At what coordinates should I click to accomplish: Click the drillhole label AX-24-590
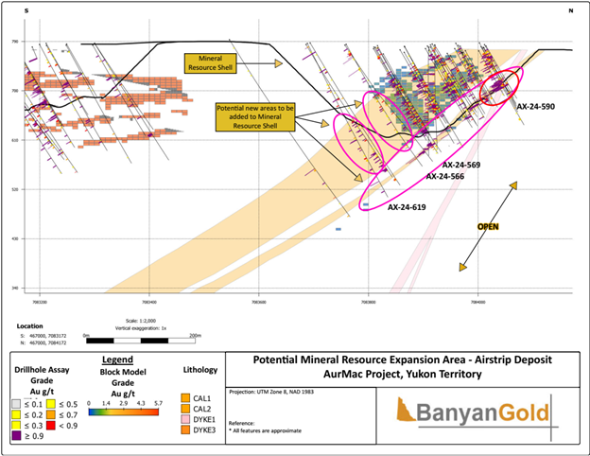point(535,107)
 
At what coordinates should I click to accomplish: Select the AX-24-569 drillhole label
point(459,166)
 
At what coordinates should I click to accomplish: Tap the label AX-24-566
point(445,177)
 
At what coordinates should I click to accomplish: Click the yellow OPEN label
point(488,227)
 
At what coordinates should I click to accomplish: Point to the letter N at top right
point(570,10)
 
